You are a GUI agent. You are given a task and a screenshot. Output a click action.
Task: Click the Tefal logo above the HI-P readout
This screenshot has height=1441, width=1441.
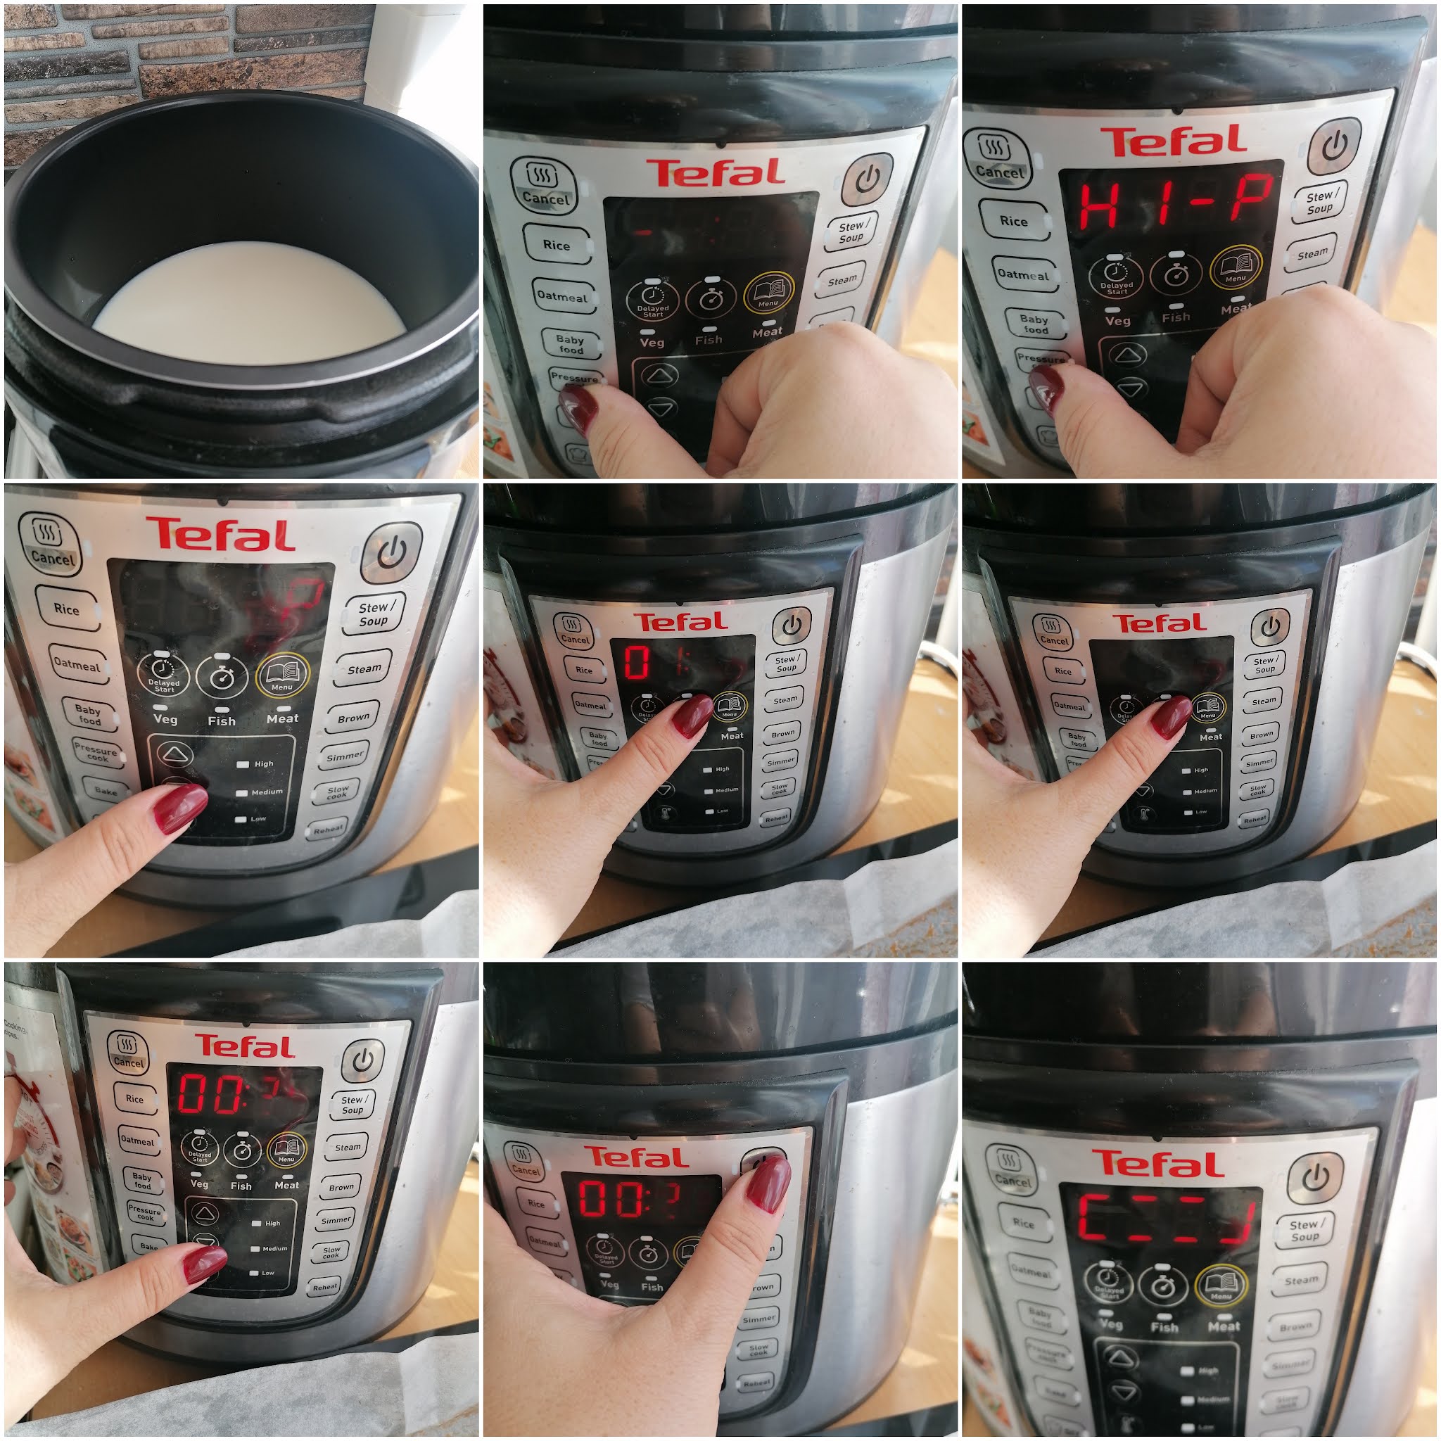(x=1172, y=141)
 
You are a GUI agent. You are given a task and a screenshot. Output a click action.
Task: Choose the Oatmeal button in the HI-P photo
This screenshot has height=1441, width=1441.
(x=1022, y=274)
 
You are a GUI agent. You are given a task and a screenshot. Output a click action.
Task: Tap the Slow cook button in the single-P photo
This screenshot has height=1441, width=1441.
(x=337, y=792)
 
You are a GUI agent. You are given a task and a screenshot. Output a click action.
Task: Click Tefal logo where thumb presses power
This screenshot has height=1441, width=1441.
(x=635, y=1157)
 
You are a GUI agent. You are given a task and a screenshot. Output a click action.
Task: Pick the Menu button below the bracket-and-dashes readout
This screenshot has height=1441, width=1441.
(x=1221, y=1284)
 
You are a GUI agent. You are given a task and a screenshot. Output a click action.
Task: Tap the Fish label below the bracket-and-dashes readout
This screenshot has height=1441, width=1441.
(x=1164, y=1327)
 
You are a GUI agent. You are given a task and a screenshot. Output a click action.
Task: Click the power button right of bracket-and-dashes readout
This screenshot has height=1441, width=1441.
(x=1314, y=1179)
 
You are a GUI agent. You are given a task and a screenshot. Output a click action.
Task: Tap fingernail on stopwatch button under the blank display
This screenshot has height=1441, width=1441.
(x=1171, y=717)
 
